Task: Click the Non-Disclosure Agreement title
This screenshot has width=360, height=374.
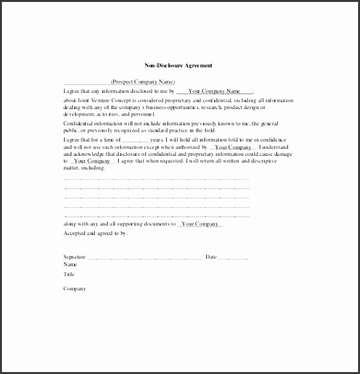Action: [178, 66]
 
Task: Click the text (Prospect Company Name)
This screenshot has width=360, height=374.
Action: [143, 82]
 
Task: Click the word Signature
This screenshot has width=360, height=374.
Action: [74, 257]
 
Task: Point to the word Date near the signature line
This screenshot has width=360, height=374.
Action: [211, 257]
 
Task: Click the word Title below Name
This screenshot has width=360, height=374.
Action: [69, 274]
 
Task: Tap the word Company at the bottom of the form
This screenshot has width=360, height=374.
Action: [74, 289]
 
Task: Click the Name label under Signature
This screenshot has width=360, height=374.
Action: [69, 264]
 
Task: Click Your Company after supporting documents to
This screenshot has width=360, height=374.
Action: [200, 224]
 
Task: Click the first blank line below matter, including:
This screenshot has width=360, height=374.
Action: [156, 178]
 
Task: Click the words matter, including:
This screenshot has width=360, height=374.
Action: [84, 168]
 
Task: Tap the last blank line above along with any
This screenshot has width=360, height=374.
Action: [156, 215]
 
